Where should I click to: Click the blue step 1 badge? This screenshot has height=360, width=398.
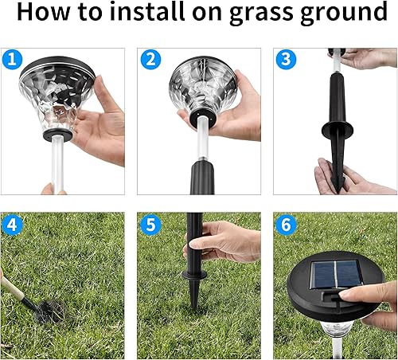(x=10, y=59)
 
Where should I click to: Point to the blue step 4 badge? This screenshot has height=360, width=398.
(x=10, y=224)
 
